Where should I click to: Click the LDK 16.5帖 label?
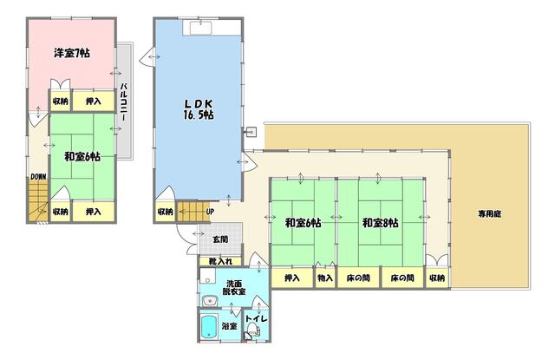pos(199,109)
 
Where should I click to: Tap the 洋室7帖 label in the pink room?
pos(72,53)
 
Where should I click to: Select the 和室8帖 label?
pos(380,223)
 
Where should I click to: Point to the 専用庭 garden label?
pos(490,213)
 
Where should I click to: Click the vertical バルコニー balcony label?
pos(124,102)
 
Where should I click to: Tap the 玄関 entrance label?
pos(220,239)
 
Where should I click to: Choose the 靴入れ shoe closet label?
pos(220,261)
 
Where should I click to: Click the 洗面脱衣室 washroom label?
pos(234,287)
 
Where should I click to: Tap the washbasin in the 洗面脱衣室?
pos(210,301)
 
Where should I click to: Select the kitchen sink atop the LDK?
pos(200,27)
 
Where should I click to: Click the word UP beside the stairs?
pos(210,212)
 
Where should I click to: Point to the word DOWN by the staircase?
pos(38,176)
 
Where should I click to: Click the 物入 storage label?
pos(325,278)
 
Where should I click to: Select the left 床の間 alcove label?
pos(358,278)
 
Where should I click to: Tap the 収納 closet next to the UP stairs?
pos(166,212)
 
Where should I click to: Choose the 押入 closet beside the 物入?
pos(292,278)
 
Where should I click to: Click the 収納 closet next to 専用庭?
pos(437,278)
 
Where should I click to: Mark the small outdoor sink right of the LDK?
pos(251,133)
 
